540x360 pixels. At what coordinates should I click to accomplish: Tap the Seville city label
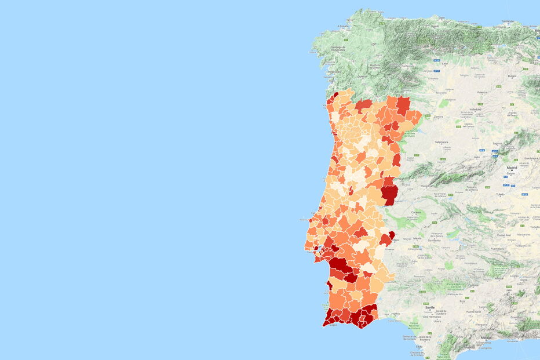pos(429,307)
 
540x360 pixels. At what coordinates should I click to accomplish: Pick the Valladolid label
pos(476,109)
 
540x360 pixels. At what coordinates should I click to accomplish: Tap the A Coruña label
pos(344,26)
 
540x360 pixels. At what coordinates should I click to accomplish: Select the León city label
pos(429,64)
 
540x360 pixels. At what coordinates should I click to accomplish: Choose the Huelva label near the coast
pos(395,313)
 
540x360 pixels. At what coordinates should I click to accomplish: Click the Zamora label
pos(437,117)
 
